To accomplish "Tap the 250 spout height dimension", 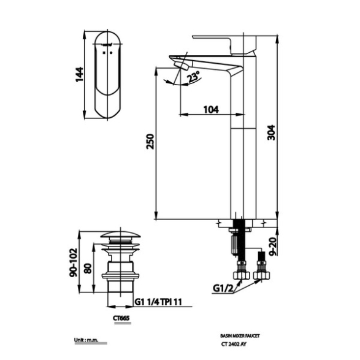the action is click(x=150, y=142).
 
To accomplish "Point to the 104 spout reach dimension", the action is click(x=211, y=110).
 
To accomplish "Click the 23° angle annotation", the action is click(x=193, y=77).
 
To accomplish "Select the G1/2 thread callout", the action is click(x=223, y=288).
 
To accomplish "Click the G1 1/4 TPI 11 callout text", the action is click(x=158, y=302).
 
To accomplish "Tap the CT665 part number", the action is click(x=121, y=318).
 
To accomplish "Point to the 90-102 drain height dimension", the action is click(x=74, y=262).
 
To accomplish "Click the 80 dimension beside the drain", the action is click(x=88, y=269).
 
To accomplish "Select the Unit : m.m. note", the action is click(x=86, y=340).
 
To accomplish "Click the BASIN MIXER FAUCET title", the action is click(x=240, y=336).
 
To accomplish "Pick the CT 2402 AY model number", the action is click(x=234, y=345).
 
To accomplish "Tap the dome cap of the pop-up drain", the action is click(x=121, y=235).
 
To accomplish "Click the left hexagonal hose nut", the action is click(x=241, y=275).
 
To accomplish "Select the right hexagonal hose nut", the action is click(x=261, y=275).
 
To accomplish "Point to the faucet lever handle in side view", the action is click(x=224, y=44).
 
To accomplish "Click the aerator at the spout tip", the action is click(x=182, y=65).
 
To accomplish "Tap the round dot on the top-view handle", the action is click(x=112, y=53).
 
